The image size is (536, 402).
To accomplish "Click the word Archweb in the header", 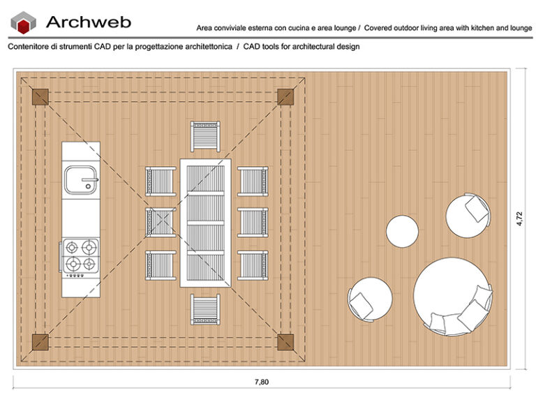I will [88, 22].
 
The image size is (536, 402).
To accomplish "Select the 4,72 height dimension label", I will [520, 218].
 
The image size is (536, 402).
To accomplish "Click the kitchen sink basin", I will [80, 179].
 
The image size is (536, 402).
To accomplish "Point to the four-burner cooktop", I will [80, 255].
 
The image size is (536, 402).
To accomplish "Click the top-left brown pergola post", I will [39, 96].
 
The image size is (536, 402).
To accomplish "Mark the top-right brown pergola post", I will [285, 96].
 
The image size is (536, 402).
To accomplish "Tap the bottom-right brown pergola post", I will [285, 341].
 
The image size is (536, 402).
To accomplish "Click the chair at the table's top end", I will [205, 135].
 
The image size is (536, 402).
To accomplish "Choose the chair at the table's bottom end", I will [205, 309].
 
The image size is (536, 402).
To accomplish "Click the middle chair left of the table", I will [160, 222].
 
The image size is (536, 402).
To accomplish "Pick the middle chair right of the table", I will [252, 222].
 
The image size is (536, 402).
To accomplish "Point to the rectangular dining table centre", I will [205, 223].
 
